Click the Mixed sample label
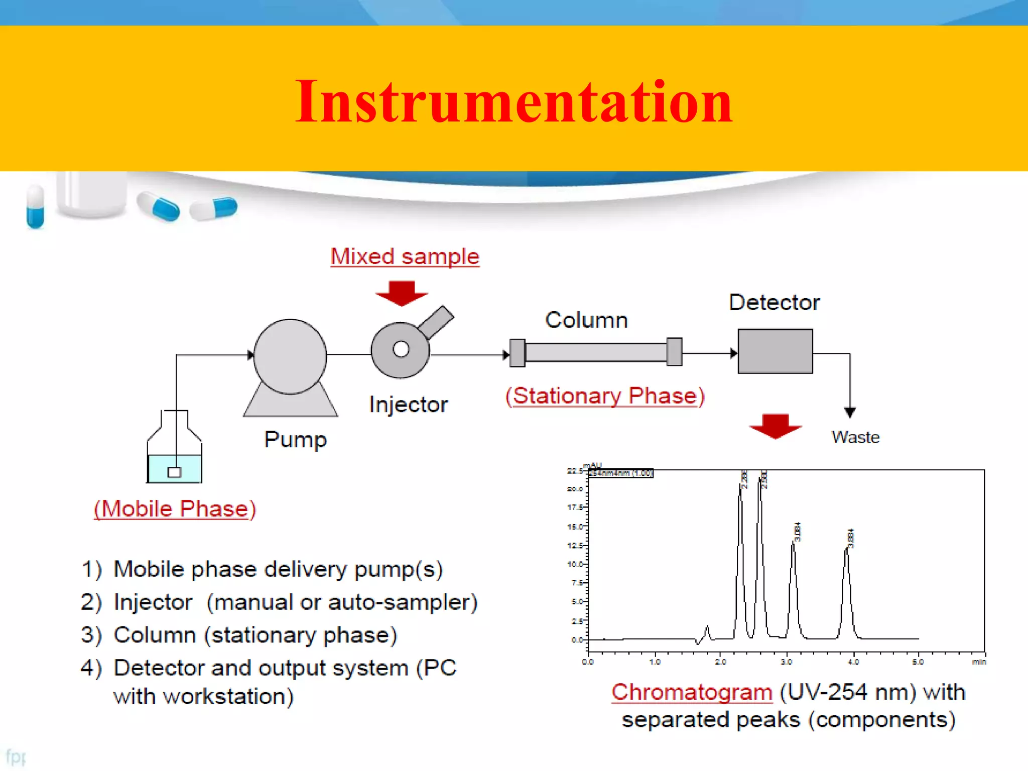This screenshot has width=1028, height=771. tap(405, 256)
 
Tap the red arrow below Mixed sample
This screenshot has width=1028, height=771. tap(402, 293)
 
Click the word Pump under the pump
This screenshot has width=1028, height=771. tap(295, 440)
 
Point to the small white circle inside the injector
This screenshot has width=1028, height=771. tap(401, 349)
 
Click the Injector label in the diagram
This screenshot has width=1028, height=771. tap(408, 405)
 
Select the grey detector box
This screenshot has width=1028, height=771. tap(775, 351)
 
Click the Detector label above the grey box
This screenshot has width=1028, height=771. tap(774, 303)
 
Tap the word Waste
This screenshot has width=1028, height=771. tap(855, 437)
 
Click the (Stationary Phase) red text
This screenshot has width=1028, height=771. tap(605, 396)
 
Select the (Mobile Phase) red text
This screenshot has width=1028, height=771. tap(175, 509)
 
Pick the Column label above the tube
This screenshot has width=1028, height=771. tap(586, 320)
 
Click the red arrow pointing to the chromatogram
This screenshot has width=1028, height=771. tap(775, 426)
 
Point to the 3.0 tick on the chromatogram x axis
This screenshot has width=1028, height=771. tap(786, 662)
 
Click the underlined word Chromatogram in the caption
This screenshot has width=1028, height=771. tap(691, 692)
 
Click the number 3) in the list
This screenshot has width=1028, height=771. tap(91, 635)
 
